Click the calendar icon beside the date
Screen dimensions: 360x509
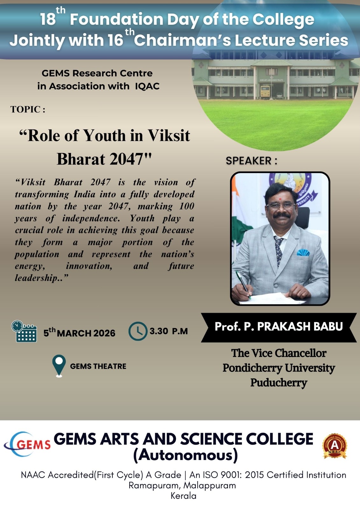pos(24,331)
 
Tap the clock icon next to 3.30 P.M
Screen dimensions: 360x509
pos(138,331)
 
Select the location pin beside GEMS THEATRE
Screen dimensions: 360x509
pos(59,366)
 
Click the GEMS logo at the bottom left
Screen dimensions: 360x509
pos(27,444)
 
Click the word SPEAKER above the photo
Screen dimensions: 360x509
pos(248,161)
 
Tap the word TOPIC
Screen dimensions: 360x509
pos(25,109)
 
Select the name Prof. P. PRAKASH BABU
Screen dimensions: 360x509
pos(279,326)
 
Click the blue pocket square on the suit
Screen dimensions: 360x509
pos(303,252)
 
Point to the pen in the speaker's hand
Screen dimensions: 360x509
pos(243,284)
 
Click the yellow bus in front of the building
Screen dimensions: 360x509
pos(265,92)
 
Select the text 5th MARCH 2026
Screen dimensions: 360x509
pos(79,332)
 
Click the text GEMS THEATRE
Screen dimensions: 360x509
pos(98,366)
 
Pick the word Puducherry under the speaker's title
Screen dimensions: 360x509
pos(279,383)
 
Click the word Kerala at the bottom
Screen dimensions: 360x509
pos(184,496)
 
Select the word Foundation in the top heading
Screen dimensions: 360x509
pos(116,19)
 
